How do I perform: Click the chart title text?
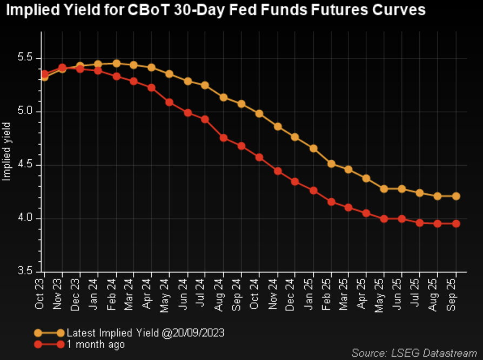[x=216, y=10]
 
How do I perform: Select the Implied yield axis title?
[x=7, y=153]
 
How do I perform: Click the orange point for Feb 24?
[x=116, y=63]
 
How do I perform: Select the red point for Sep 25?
[x=456, y=223]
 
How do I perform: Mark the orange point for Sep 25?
[x=456, y=196]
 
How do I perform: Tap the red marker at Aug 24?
[x=223, y=138]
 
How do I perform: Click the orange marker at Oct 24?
[x=259, y=114]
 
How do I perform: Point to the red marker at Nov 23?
[x=62, y=67]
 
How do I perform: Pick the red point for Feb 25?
[x=331, y=202]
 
